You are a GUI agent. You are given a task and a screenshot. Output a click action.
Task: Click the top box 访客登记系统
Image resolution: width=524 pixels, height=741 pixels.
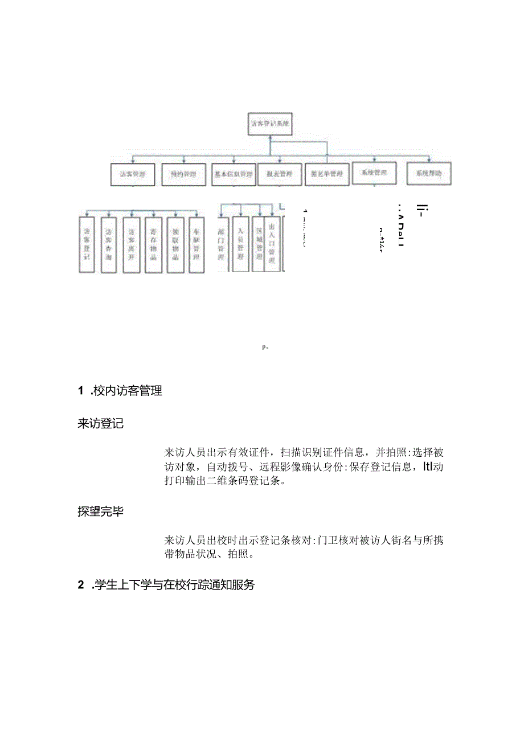(271, 124)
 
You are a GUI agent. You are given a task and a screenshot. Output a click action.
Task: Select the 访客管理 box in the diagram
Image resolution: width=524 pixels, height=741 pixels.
(133, 174)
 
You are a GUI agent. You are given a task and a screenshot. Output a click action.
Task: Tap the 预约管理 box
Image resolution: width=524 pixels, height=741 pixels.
(179, 174)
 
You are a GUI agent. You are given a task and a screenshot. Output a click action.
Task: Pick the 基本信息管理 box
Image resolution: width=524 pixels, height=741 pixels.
(233, 174)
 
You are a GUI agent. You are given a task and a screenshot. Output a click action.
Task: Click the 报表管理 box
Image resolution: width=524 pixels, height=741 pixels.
(279, 174)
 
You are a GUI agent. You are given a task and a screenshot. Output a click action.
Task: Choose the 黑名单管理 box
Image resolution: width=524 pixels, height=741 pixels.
(327, 174)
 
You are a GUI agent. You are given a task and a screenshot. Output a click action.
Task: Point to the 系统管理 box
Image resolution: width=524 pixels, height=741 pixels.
(374, 173)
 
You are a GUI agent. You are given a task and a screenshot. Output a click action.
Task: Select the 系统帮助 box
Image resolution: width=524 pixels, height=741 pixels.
(428, 173)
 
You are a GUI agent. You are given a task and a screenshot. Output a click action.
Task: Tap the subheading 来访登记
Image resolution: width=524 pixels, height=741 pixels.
(100, 424)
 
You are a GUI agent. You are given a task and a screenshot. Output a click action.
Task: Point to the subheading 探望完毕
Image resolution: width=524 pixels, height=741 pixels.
(100, 511)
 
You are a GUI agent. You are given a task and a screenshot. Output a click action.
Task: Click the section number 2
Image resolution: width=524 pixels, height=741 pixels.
(81, 585)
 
